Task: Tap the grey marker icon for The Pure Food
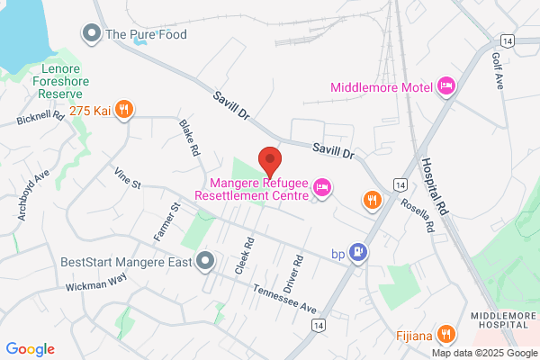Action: pyautogui.click(x=91, y=35)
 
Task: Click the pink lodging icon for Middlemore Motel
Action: pyautogui.click(x=445, y=87)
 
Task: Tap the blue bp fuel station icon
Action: pyautogui.click(x=359, y=253)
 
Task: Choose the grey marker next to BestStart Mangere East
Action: pyautogui.click(x=204, y=262)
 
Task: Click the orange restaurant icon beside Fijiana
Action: pyautogui.click(x=444, y=336)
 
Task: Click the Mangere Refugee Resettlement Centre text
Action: pyautogui.click(x=253, y=187)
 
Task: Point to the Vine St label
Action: pyautogui.click(x=127, y=176)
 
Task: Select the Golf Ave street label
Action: pyautogui.click(x=499, y=68)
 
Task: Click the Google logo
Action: pyautogui.click(x=31, y=349)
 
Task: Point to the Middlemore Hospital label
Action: pyautogui.click(x=504, y=319)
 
